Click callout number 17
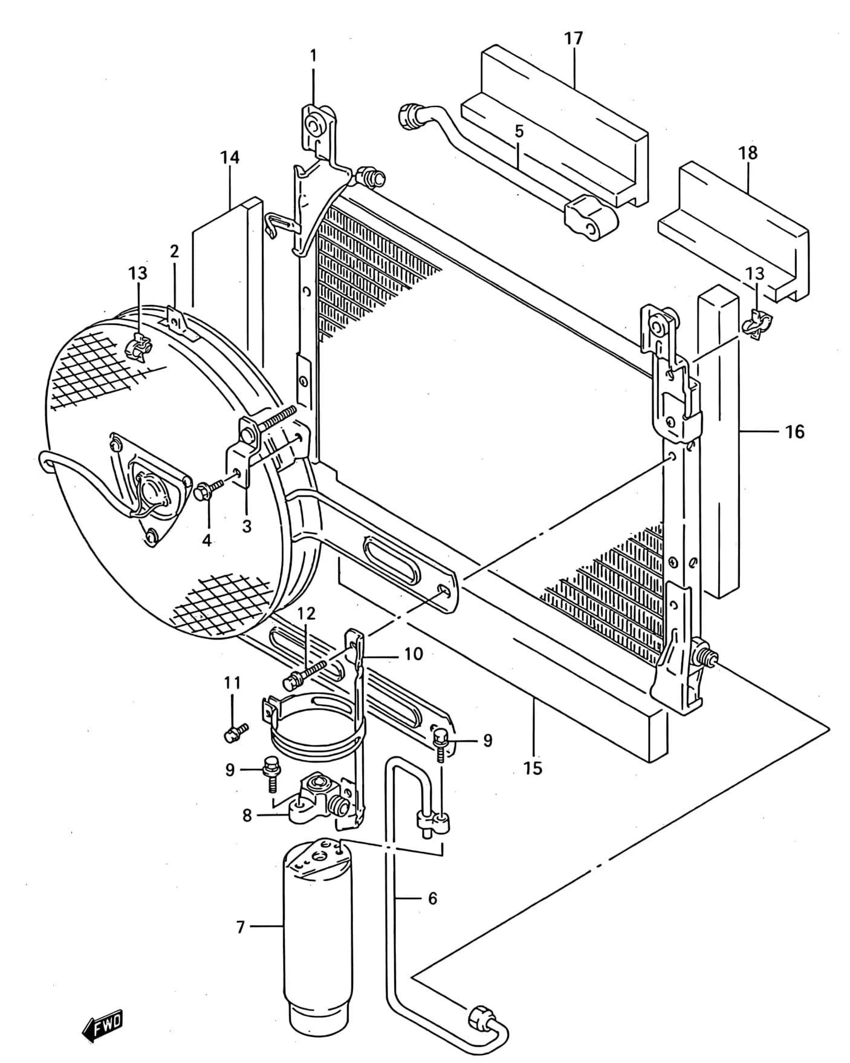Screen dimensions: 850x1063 coord(573,38)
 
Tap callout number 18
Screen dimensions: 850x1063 coord(748,152)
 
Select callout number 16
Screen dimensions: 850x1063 coord(795,431)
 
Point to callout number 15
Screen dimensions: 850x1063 coord(533,768)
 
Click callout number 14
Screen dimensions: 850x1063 coord(230,158)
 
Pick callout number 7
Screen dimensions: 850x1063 coord(240,927)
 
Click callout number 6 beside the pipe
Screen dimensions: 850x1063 coord(432,898)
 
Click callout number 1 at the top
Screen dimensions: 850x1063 coord(313,56)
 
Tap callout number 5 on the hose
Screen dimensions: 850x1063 coord(519,131)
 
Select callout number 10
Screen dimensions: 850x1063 coord(414,654)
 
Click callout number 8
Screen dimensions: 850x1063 coord(247,816)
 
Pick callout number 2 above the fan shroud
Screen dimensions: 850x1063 coord(174,251)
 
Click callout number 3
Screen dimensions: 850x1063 coord(246,526)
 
